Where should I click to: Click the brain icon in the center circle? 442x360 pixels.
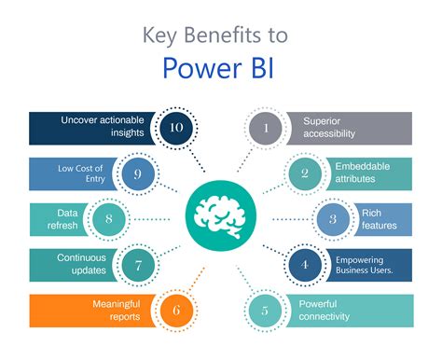tap(220, 216)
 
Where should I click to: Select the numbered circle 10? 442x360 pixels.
tap(174, 128)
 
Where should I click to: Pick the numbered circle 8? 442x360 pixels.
tap(109, 219)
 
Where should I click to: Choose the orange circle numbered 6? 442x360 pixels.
tap(174, 310)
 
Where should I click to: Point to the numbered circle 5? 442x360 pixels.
tap(266, 310)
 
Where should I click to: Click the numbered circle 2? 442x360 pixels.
tap(303, 173)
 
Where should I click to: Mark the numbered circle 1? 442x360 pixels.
tap(266, 128)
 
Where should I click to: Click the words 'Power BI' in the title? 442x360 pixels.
tap(220, 68)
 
